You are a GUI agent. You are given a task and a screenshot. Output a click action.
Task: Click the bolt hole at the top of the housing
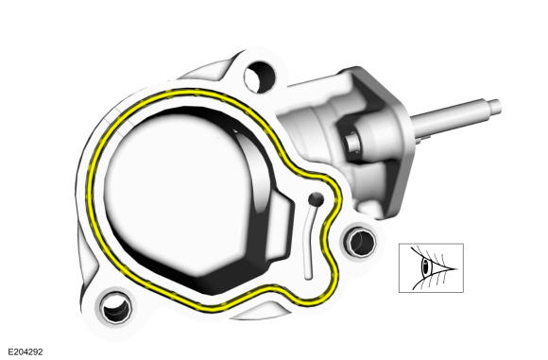pyautogui.click(x=259, y=77)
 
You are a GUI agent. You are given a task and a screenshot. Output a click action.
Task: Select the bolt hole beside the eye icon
pyautogui.click(x=361, y=242)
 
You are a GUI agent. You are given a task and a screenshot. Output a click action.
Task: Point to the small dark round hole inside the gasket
pyautogui.click(x=317, y=198)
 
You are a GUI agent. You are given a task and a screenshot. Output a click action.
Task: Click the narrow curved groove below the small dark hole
pyautogui.click(x=309, y=241)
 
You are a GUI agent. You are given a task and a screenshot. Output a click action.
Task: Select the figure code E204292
pyautogui.click(x=26, y=351)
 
